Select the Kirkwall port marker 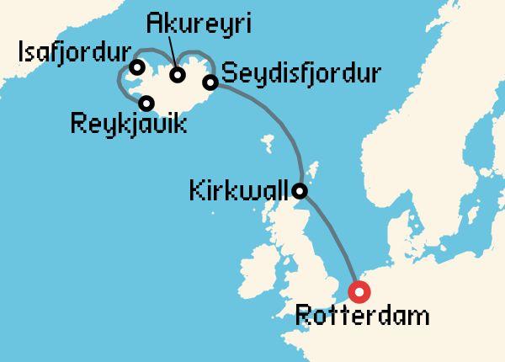click(301, 192)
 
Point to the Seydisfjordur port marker click(210, 82)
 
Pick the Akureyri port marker click(178, 75)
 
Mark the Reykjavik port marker click(147, 104)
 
